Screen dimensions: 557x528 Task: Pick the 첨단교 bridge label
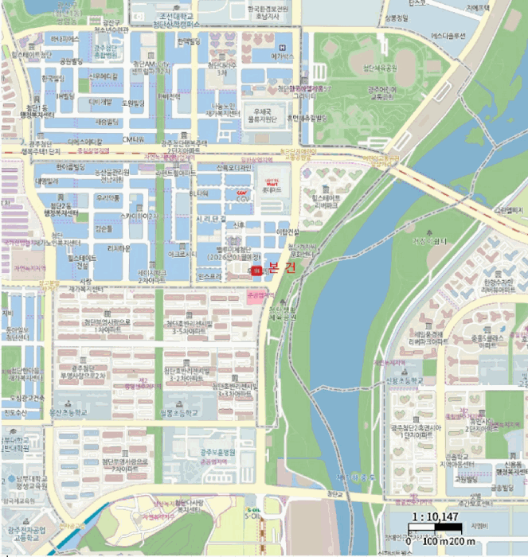332,493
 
